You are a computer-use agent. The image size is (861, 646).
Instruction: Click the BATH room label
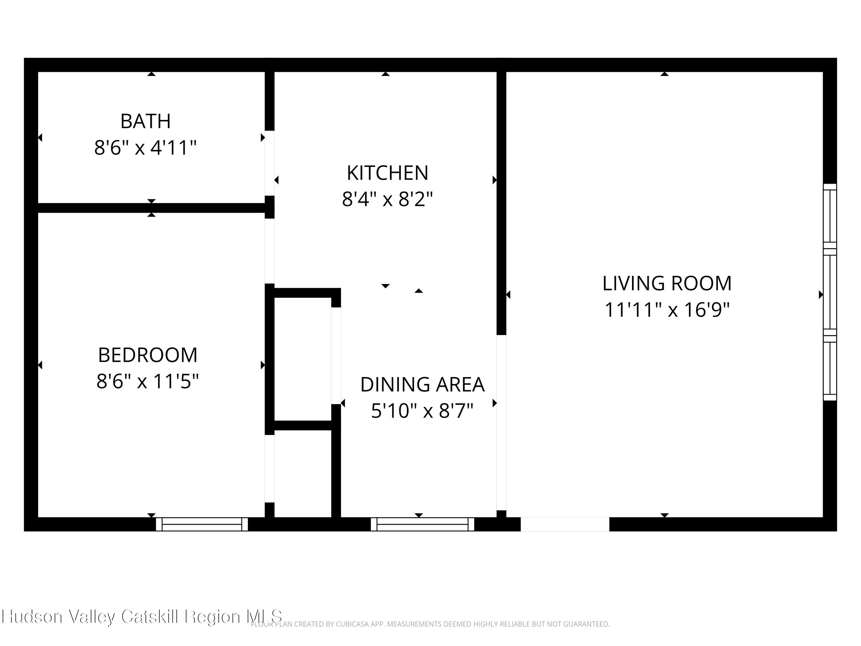tap(145, 121)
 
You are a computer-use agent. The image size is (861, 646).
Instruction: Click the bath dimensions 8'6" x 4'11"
tap(145, 148)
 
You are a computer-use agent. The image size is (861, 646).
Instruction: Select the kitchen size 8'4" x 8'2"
tap(387, 199)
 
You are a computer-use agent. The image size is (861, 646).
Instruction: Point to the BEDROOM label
tap(148, 355)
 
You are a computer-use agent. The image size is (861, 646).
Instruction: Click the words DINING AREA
tap(422, 384)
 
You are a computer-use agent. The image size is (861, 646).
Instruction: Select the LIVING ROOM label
tap(667, 283)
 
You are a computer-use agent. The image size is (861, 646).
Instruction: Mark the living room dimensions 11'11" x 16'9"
tap(667, 310)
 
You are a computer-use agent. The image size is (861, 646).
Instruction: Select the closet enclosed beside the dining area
tap(303, 359)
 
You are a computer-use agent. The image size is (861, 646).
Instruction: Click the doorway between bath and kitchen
tap(270, 163)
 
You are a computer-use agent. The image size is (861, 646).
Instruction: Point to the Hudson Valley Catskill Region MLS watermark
tap(142, 616)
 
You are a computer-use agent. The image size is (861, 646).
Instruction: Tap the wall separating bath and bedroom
tap(152, 208)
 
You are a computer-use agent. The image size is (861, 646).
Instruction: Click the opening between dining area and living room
tap(501, 423)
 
